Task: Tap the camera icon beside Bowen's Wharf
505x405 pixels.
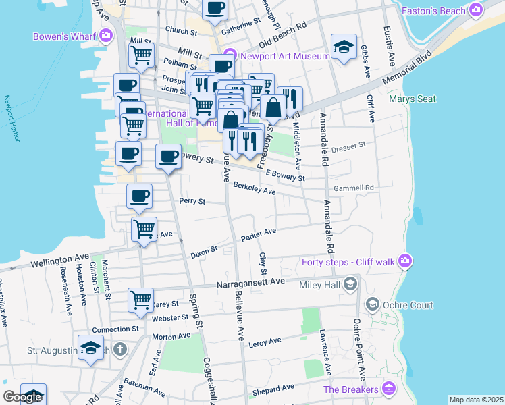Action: click(105, 35)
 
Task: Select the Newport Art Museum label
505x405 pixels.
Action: click(280, 56)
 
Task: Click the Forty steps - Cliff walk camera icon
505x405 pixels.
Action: click(404, 261)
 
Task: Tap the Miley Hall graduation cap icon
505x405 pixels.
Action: click(350, 285)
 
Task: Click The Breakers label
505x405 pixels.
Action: click(350, 389)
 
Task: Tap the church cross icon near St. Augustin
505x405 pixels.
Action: click(120, 349)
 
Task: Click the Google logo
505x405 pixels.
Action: click(22, 397)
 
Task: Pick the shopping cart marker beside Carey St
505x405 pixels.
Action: click(140, 299)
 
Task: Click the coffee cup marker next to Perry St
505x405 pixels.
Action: click(139, 196)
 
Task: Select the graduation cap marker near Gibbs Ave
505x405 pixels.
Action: click(344, 47)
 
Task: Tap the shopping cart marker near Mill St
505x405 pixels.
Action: click(142, 54)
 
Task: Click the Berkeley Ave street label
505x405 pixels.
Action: click(254, 188)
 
